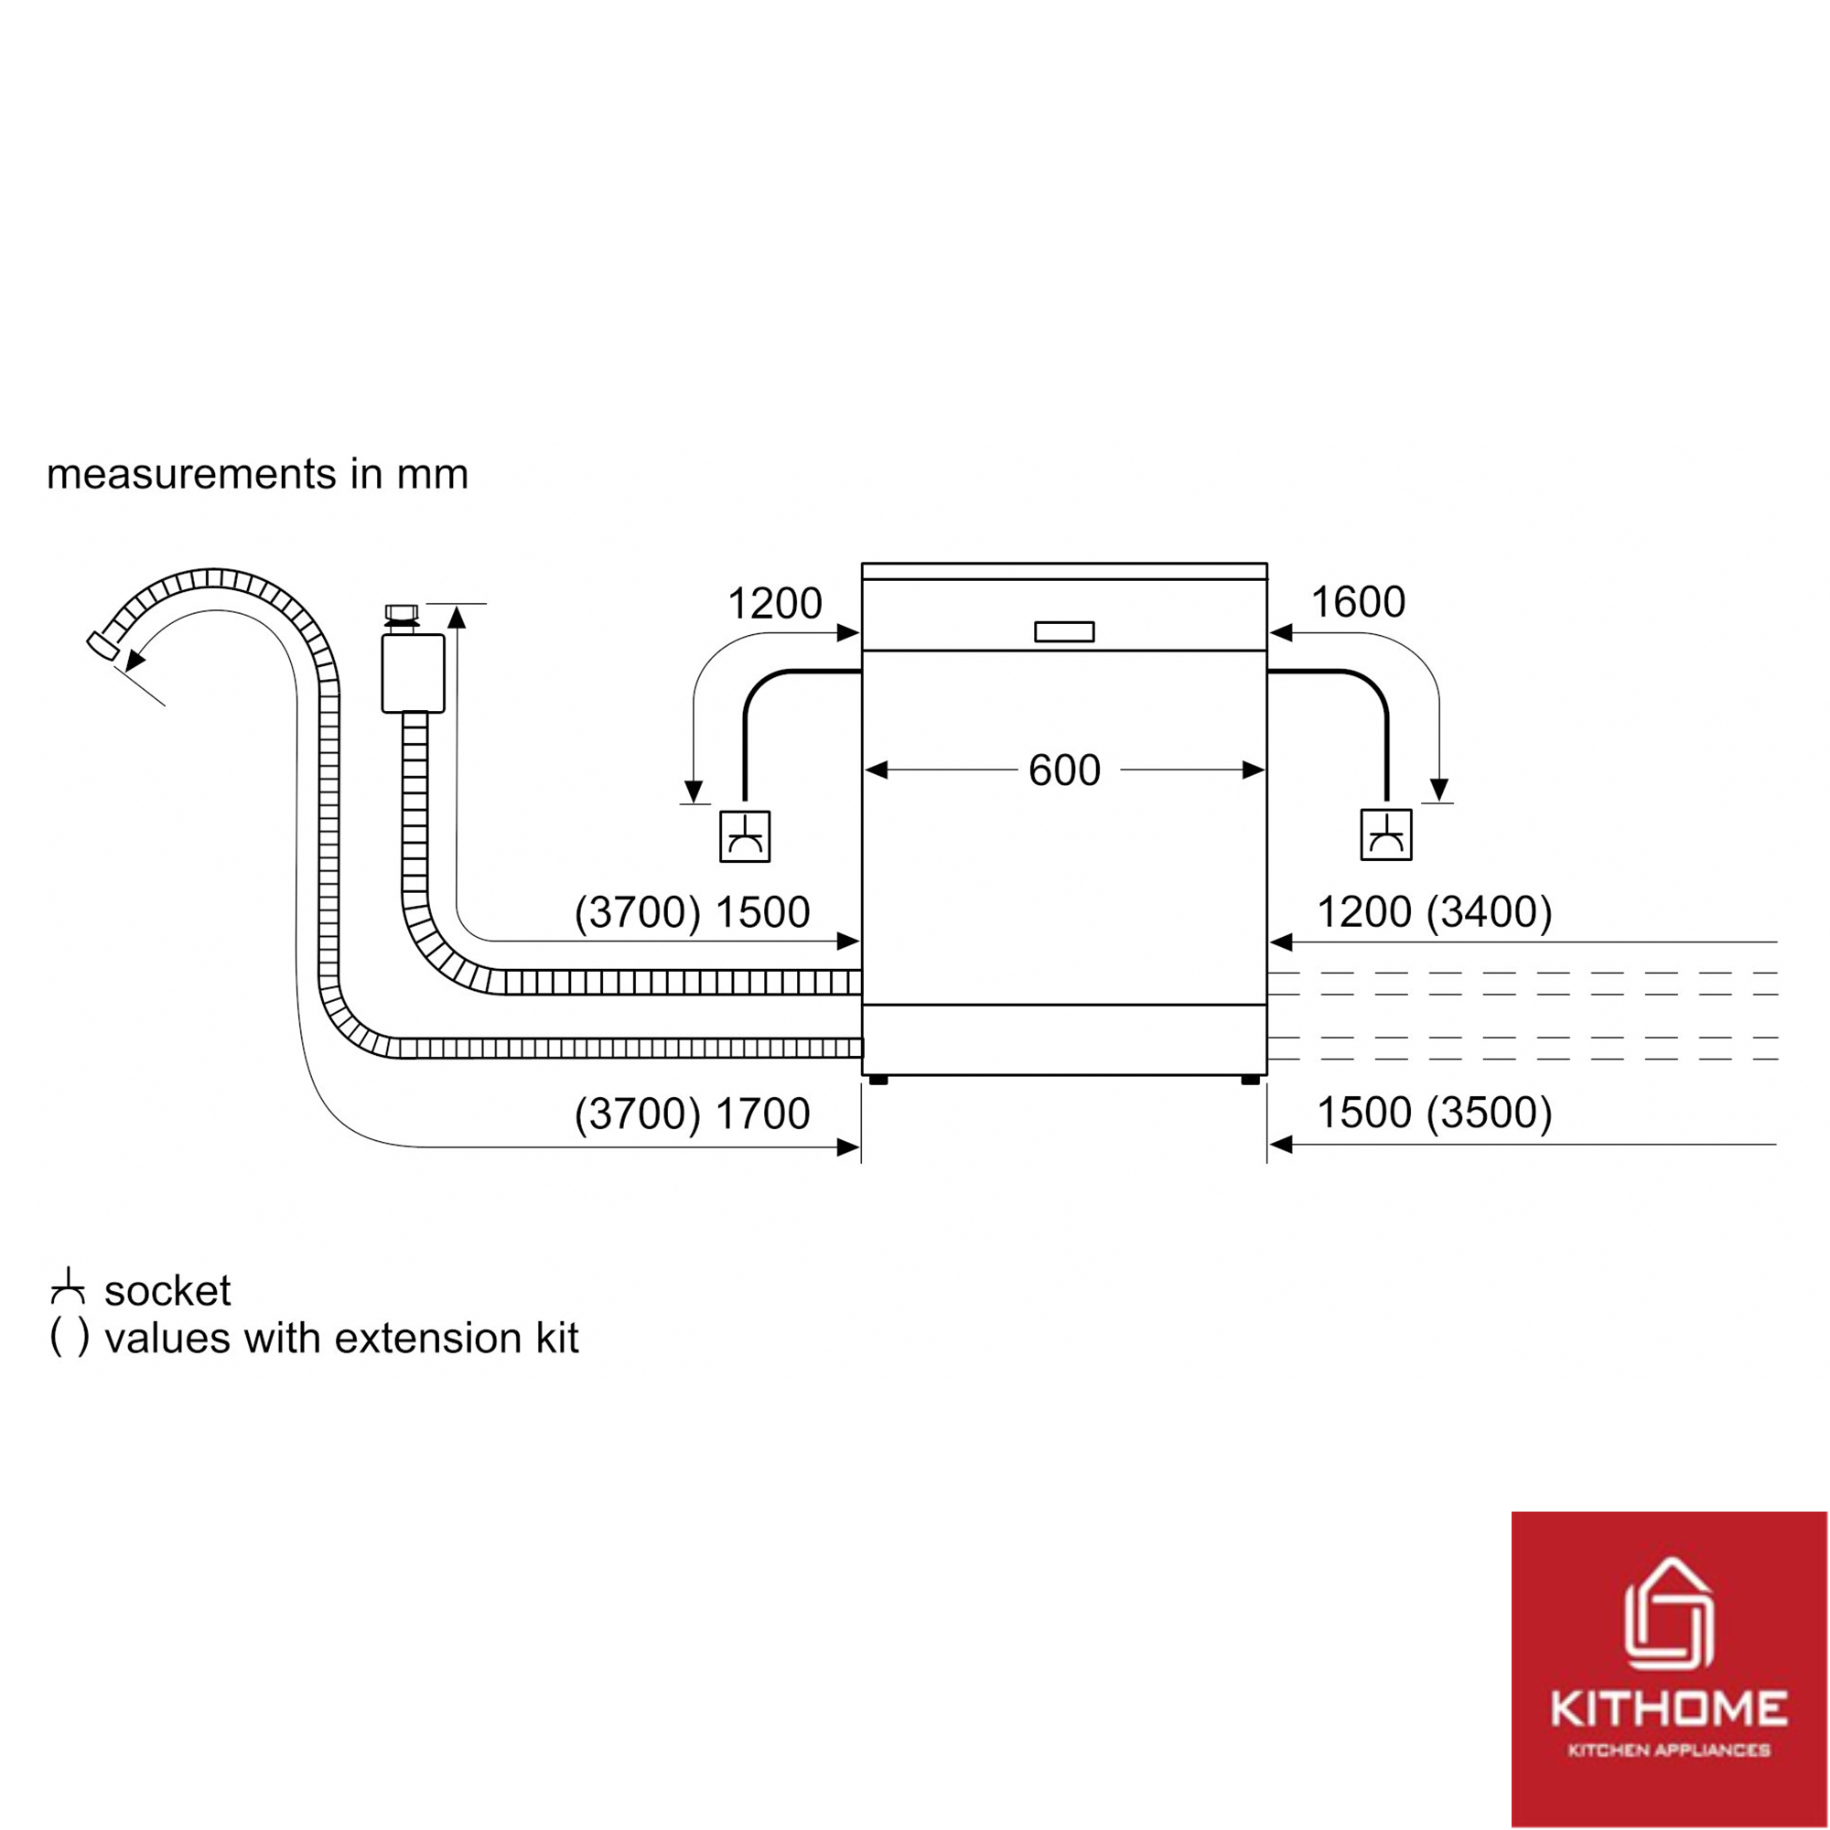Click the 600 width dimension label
click(x=1064, y=771)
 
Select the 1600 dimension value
click(x=1357, y=602)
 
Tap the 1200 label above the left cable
click(x=774, y=603)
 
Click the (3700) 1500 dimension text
click(x=693, y=912)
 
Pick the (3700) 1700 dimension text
click(x=693, y=1114)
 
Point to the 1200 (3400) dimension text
click(x=1434, y=912)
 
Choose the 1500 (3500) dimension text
click(x=1434, y=1113)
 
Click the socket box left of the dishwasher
click(x=745, y=836)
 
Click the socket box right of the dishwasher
click(x=1385, y=834)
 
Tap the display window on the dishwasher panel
click(x=1064, y=631)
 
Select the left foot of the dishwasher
click(x=878, y=1079)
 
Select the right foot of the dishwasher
click(x=1250, y=1079)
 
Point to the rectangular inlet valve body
click(x=413, y=673)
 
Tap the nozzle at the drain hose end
click(x=103, y=645)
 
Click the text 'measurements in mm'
click(x=258, y=474)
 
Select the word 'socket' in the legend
click(x=167, y=1291)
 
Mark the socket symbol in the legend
click(x=67, y=1286)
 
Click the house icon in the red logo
click(x=1669, y=1614)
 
